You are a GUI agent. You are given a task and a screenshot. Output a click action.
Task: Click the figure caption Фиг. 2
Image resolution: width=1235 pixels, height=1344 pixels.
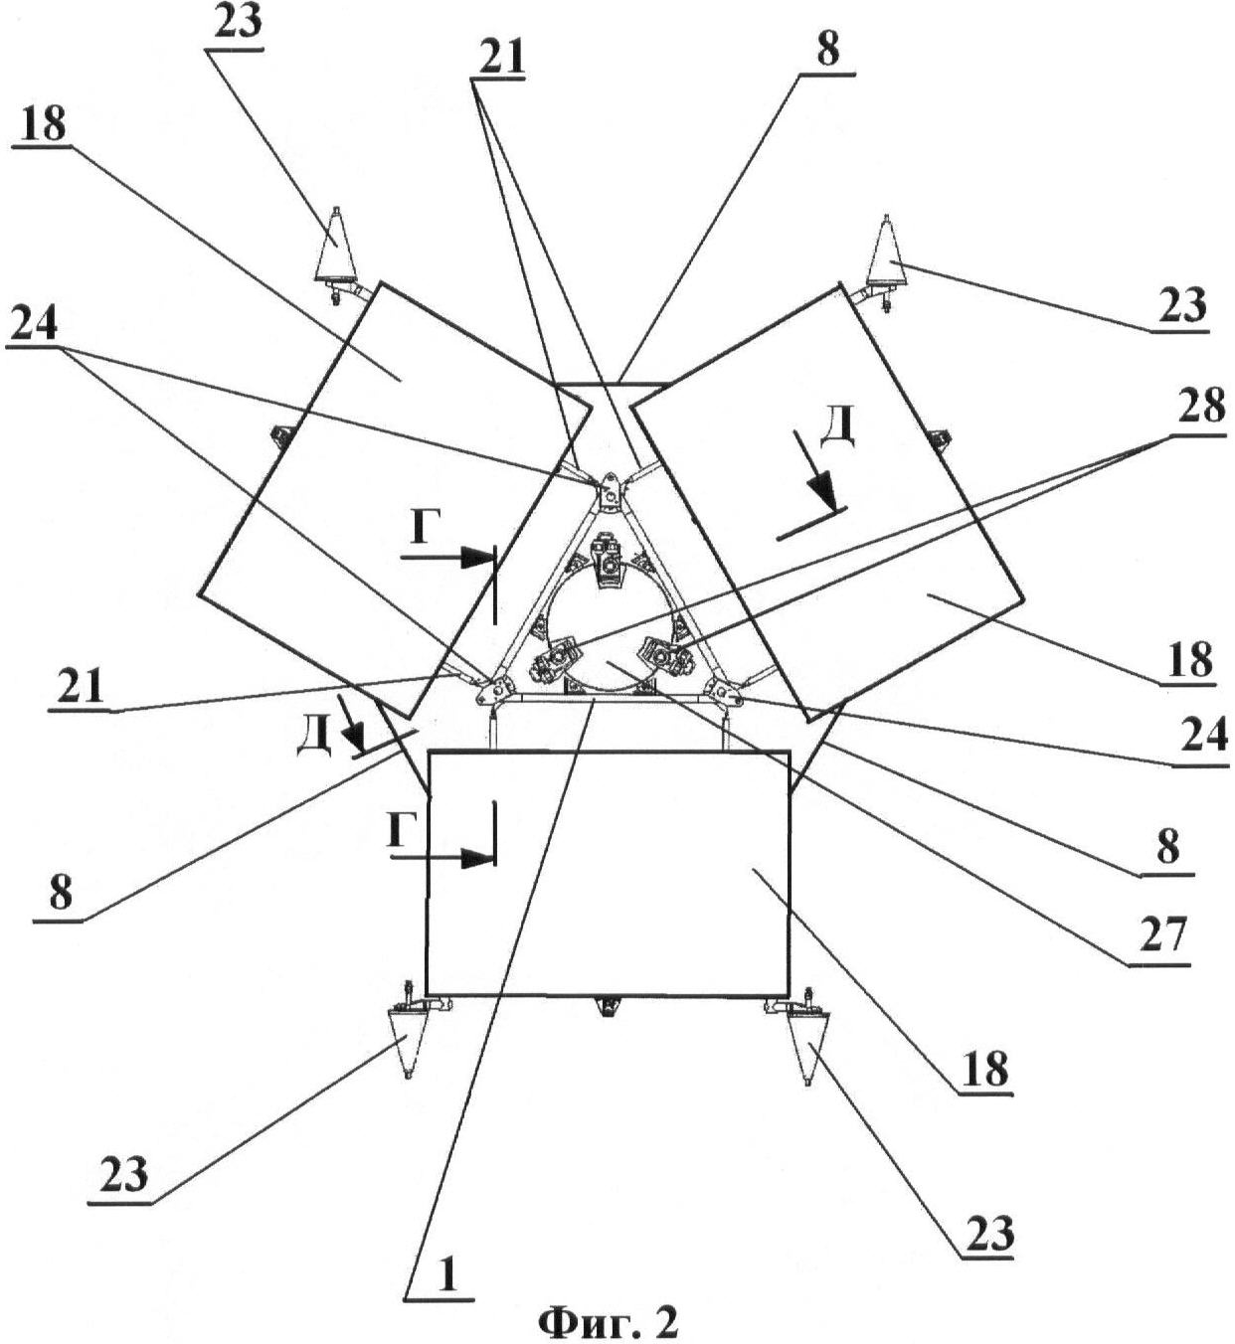(x=608, y=1320)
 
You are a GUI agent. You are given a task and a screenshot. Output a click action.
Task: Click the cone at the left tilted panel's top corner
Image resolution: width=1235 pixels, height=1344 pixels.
(x=336, y=249)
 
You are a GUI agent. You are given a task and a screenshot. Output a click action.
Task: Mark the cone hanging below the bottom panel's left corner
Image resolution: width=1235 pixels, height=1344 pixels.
(x=408, y=1039)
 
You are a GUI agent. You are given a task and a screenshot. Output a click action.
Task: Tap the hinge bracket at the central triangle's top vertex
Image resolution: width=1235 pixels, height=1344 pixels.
(x=608, y=491)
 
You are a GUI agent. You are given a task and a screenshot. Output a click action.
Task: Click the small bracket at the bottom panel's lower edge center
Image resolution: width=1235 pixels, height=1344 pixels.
(x=606, y=1007)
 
